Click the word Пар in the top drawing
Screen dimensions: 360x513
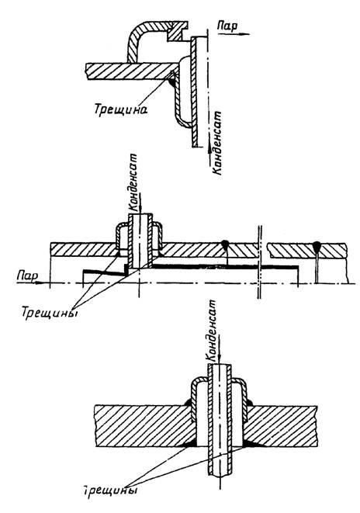tap(228, 26)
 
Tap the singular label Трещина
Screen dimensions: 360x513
tap(121, 109)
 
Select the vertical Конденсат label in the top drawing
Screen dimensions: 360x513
tap(216, 144)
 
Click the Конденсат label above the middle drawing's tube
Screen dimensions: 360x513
tap(134, 182)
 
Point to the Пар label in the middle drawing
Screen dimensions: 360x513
tap(27, 276)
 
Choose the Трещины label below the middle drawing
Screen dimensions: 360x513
tap(50, 313)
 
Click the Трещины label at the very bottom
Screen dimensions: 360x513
tap(109, 490)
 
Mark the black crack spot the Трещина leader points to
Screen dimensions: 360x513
tap(172, 83)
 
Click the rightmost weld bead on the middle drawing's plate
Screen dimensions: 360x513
tap(317, 245)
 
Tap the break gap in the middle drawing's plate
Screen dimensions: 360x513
tap(262, 251)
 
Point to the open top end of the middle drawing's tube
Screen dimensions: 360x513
tap(140, 214)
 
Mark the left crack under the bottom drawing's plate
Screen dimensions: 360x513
tap(190, 443)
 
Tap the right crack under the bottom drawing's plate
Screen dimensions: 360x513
tap(248, 443)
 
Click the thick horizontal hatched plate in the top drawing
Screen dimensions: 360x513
tap(131, 71)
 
